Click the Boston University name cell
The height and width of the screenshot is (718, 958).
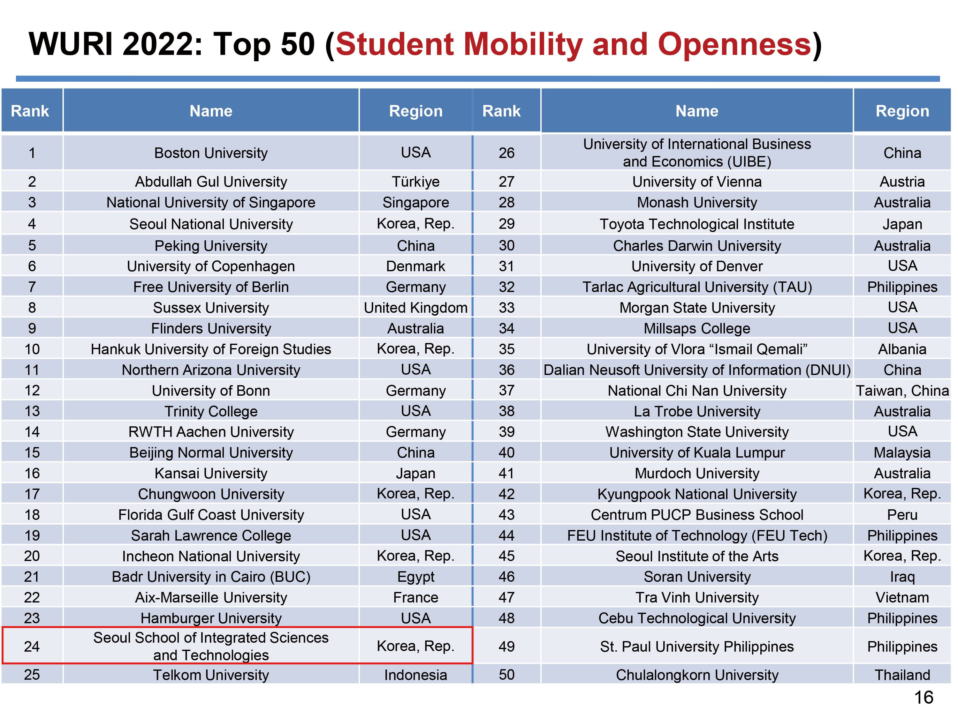(x=211, y=153)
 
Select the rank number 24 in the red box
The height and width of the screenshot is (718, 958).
(x=32, y=646)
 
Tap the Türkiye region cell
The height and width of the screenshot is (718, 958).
(x=415, y=181)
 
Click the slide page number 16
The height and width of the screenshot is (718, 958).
(x=924, y=698)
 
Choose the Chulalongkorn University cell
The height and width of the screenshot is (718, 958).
(x=697, y=675)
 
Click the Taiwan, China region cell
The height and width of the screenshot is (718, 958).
(x=902, y=390)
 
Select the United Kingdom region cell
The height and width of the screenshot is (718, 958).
(x=415, y=308)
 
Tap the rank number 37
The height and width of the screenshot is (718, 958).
(x=506, y=390)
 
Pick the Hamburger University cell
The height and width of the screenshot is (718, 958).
(x=211, y=618)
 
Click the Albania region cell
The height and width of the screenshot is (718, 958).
(x=902, y=349)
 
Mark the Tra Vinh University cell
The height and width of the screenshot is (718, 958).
(x=697, y=597)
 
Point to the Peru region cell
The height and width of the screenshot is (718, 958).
(x=902, y=515)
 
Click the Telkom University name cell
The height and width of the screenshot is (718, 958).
(x=211, y=675)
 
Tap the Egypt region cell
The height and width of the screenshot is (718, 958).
(x=415, y=577)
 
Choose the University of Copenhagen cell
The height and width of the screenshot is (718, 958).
(x=211, y=266)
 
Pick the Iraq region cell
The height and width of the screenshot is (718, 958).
(x=902, y=577)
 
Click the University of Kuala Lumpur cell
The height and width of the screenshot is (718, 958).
(x=697, y=452)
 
